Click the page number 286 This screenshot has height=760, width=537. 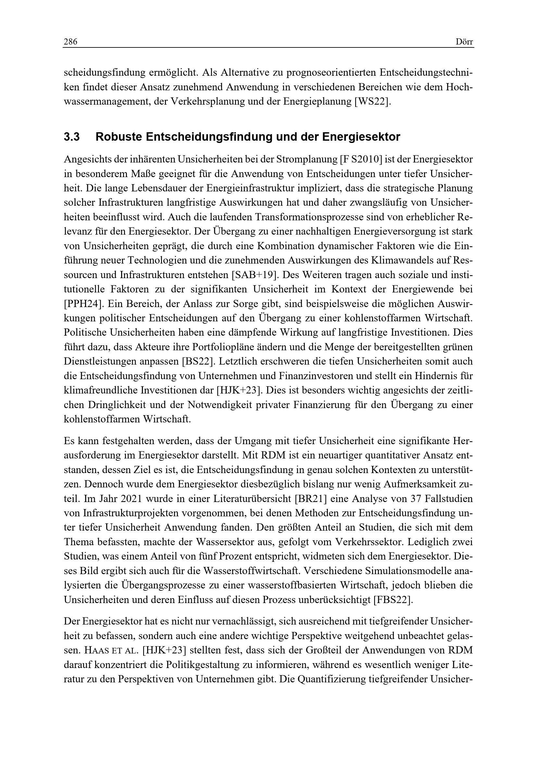70,42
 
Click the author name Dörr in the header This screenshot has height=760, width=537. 464,42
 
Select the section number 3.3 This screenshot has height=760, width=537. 72,137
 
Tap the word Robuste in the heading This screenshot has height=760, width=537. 118,137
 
